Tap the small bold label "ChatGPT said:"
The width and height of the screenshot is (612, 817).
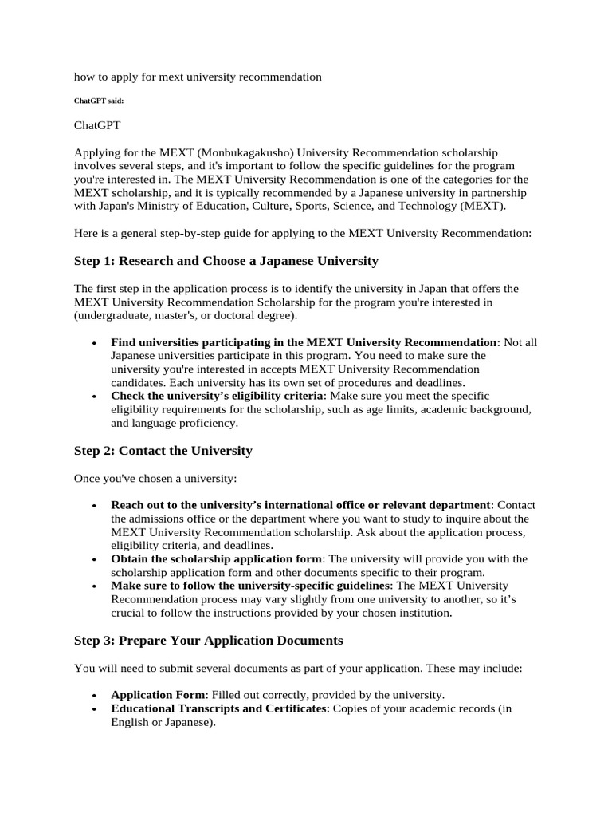99,101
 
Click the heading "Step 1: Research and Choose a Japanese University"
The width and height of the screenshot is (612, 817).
226,261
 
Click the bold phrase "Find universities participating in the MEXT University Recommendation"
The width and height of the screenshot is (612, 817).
304,341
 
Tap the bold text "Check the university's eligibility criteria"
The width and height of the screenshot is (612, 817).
218,396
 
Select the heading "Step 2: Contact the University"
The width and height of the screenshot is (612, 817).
163,451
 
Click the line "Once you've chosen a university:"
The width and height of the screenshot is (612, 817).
155,478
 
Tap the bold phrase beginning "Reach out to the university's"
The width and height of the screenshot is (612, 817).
300,505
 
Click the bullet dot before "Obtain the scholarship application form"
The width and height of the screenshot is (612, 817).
95,560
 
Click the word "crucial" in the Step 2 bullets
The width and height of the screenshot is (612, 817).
130,614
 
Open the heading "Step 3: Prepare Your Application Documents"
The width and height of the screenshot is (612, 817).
209,641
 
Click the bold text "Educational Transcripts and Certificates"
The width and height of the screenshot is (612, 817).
218,708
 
